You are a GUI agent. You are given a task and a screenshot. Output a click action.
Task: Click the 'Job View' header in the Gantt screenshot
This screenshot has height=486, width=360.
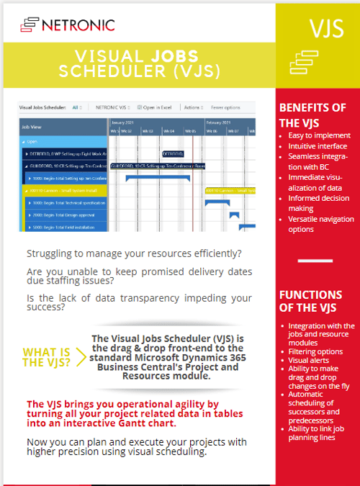pyautogui.click(x=32, y=126)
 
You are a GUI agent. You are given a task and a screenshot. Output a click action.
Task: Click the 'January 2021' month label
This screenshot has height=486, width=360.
pyautogui.click(x=125, y=122)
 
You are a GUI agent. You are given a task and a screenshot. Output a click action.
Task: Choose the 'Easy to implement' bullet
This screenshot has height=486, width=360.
pyautogui.click(x=319, y=135)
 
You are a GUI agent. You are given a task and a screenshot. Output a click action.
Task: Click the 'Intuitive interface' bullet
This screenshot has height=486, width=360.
pyautogui.click(x=318, y=145)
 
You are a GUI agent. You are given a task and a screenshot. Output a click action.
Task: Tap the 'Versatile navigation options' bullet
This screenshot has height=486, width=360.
pyautogui.click(x=317, y=224)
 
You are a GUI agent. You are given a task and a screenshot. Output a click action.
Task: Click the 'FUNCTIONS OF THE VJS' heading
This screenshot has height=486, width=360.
pyautogui.click(x=310, y=302)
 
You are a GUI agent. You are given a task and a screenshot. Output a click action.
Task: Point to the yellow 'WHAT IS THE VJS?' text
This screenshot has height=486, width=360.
pyautogui.click(x=47, y=357)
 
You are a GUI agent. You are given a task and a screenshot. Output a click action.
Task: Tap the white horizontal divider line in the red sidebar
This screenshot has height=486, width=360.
pyautogui.click(x=315, y=261)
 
